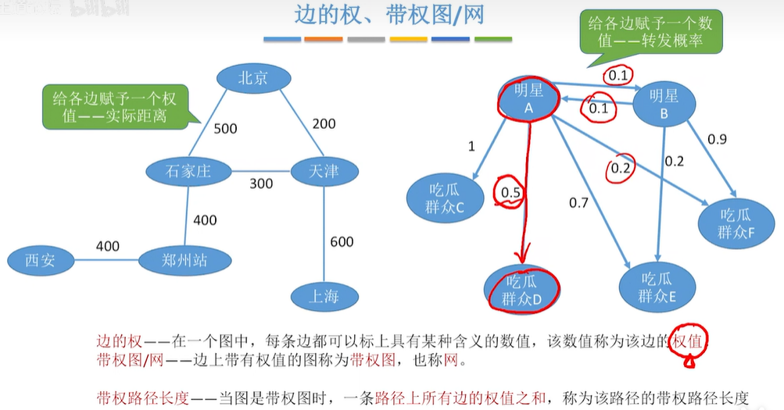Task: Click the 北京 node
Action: [253, 78]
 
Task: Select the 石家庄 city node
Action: [188, 170]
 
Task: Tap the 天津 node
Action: [324, 170]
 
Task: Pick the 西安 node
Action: [40, 260]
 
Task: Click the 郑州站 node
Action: [185, 260]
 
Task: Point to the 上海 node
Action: [324, 296]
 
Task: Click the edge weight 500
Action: [225, 129]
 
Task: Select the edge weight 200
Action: [324, 123]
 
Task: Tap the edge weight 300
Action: [261, 184]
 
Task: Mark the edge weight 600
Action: [342, 241]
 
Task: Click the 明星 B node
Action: [664, 104]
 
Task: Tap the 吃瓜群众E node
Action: [657, 287]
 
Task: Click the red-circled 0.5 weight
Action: [510, 191]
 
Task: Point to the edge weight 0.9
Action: [717, 139]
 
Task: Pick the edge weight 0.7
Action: [578, 203]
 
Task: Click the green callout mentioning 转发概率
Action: [650, 31]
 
